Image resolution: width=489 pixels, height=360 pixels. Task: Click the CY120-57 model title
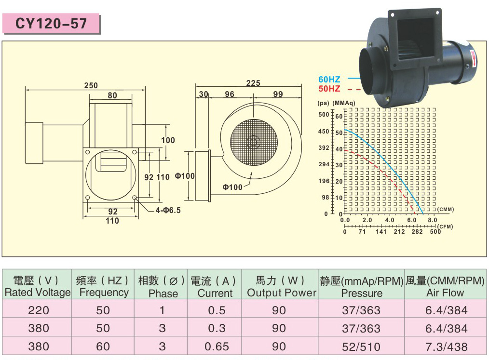point(51,24)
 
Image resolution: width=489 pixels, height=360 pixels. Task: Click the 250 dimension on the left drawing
point(91,85)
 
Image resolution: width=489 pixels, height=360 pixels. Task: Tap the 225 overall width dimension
point(253,83)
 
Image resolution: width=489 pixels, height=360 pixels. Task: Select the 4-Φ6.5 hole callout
point(168,211)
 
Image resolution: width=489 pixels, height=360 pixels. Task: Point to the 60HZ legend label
point(329,80)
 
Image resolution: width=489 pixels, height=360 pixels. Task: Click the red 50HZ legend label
point(329,89)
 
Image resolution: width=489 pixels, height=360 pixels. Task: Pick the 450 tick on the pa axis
point(324,132)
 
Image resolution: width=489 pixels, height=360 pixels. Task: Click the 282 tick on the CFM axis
point(417,232)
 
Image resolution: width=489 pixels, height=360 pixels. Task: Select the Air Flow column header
point(445,287)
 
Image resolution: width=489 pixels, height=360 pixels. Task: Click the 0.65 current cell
point(217,347)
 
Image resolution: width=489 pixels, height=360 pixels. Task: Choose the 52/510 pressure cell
point(361,347)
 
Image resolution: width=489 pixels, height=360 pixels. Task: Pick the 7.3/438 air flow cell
point(446,347)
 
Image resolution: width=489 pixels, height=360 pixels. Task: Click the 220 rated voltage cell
point(39,310)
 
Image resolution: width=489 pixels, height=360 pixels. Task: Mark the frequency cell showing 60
point(103,347)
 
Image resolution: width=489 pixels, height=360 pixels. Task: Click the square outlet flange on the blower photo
point(415,38)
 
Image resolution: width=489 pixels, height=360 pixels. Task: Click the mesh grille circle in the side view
point(254,142)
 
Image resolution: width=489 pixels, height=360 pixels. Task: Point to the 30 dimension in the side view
point(204,94)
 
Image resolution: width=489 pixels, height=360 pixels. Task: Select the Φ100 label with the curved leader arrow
point(232,187)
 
